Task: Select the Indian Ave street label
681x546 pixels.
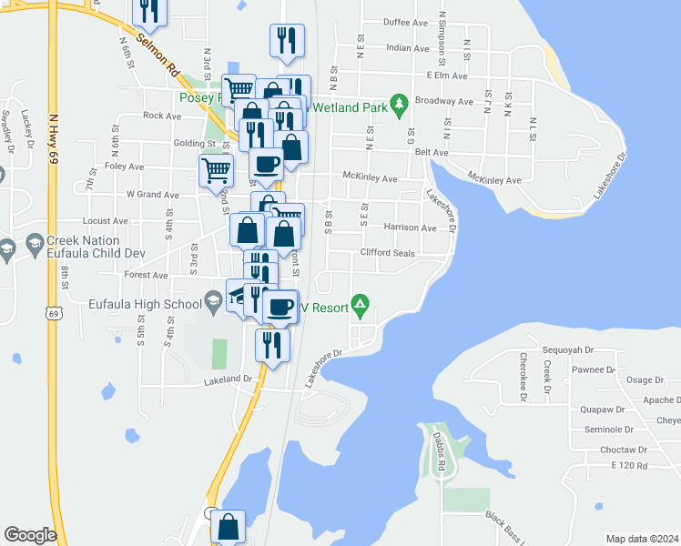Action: click(407, 48)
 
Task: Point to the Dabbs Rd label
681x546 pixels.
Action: click(440, 449)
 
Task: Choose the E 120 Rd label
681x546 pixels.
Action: click(628, 466)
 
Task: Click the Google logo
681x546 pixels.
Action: click(30, 534)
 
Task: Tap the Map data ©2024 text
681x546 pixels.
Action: click(642, 539)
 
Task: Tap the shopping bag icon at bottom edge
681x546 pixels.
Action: click(228, 525)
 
